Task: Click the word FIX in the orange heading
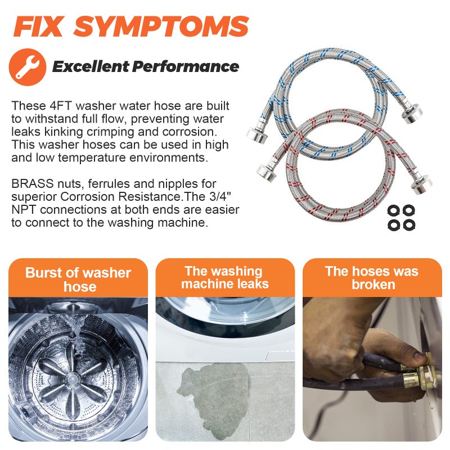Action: tap(38, 26)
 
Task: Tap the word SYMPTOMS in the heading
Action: tap(161, 26)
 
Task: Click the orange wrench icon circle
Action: tap(28, 67)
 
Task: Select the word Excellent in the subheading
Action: tap(91, 66)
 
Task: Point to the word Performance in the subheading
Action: tap(186, 66)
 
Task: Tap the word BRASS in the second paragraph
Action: tap(33, 183)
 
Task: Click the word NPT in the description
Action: tap(24, 209)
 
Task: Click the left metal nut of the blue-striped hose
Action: tap(257, 134)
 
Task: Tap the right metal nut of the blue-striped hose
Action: tap(412, 114)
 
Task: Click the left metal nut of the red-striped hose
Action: tap(267, 172)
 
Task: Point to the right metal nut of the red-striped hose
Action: tap(422, 184)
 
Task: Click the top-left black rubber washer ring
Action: tap(393, 210)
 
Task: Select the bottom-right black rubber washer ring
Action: tap(409, 224)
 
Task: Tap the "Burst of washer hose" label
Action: tap(78, 279)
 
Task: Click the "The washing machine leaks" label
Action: tap(224, 277)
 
